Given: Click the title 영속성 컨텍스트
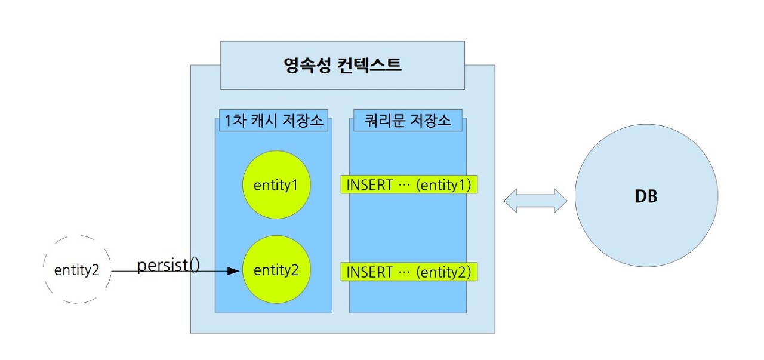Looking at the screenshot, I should point(343,65).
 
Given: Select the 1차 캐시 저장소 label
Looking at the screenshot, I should point(274,121).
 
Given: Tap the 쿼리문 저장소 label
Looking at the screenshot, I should point(408,121).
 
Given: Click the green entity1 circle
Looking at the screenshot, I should point(276,185).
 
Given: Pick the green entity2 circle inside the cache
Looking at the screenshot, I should point(276,270).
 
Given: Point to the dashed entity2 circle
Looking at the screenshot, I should point(78,270).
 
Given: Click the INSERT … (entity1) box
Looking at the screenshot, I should point(409,185).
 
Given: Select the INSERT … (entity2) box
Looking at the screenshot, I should point(409,272).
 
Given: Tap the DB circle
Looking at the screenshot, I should point(646,196).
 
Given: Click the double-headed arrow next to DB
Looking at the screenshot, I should point(535,201).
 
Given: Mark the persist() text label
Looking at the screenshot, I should point(169,265).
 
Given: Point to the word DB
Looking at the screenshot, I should point(646,196).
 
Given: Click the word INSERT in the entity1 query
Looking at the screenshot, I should point(369,185).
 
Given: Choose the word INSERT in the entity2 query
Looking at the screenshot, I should point(369,272).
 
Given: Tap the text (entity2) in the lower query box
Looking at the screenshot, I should point(444,272).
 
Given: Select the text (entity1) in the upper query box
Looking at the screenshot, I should point(444,185).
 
